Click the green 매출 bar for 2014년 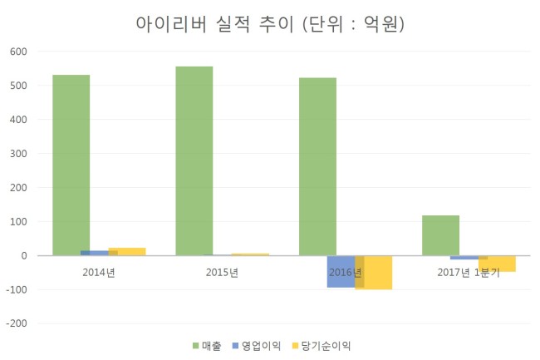click(x=71, y=165)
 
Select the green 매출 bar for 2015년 click(x=194, y=161)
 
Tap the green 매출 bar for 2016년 click(x=317, y=167)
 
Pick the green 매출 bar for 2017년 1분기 click(x=441, y=235)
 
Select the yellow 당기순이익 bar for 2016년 click(x=374, y=273)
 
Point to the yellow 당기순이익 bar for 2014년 click(x=127, y=252)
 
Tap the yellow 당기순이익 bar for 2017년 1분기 click(x=497, y=264)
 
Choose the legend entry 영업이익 click(x=257, y=346)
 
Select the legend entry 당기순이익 click(x=322, y=346)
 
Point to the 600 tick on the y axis click(x=18, y=52)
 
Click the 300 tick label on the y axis click(x=18, y=154)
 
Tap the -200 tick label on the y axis click(x=17, y=323)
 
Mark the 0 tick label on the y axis click(x=24, y=255)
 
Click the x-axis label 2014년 click(x=99, y=273)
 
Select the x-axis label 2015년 click(x=222, y=273)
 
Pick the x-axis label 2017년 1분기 click(x=469, y=273)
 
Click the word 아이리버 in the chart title click(x=171, y=24)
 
